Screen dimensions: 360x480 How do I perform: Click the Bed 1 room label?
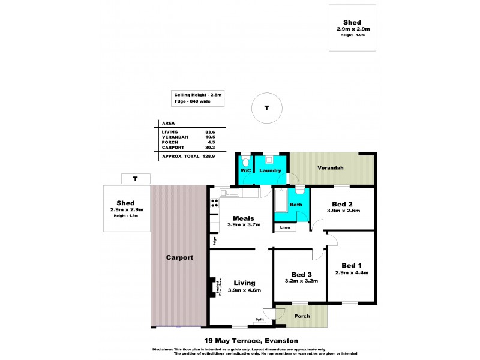coord(351,265)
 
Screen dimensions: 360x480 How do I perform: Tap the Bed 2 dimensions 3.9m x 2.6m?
coord(343,211)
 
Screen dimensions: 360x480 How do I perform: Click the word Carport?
coord(179,257)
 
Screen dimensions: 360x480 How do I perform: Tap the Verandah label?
coord(331,168)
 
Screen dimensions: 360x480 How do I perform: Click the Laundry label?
coord(271,171)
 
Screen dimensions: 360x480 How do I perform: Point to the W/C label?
coord(246,171)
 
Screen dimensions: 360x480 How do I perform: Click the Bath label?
coord(296,205)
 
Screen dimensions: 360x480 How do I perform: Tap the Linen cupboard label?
coord(285,227)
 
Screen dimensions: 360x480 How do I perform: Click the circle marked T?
coord(266,107)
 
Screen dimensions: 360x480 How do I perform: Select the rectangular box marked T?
coord(136,179)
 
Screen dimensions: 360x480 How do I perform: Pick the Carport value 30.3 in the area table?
coord(211,147)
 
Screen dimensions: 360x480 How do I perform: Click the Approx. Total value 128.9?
coord(209,156)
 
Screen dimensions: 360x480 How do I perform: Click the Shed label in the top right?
coord(353,22)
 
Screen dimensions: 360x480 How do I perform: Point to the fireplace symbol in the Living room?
coord(213,287)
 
